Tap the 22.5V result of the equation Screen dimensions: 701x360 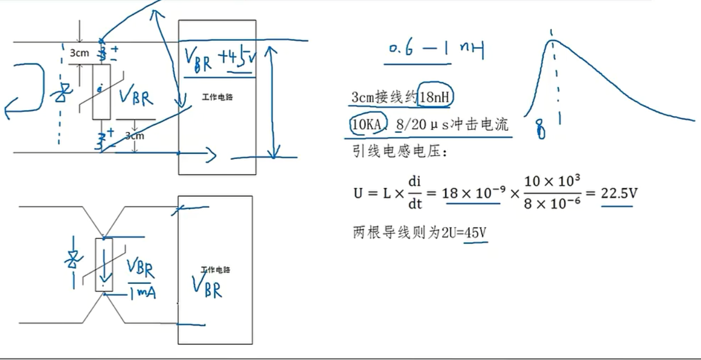coord(618,192)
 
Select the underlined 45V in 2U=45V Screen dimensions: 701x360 coord(474,233)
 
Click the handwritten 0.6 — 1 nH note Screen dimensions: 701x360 coord(435,51)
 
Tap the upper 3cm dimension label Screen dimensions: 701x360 coord(79,53)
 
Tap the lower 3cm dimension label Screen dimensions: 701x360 coord(134,136)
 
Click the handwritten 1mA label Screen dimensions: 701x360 coord(142,294)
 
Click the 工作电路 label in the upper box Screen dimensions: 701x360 coord(217,97)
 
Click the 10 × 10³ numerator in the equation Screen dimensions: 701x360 coord(552,181)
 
